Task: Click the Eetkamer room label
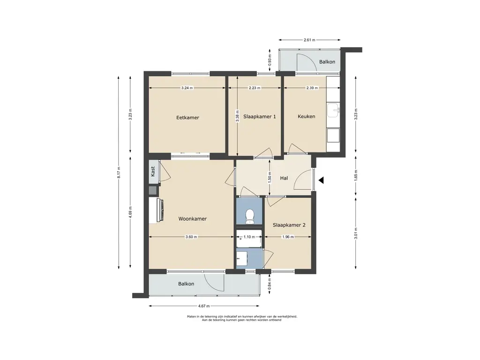187,118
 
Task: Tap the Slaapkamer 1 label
260,117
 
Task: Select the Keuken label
307,116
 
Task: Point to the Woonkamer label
193,219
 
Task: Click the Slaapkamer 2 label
289,225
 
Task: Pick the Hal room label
284,178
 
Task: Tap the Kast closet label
153,172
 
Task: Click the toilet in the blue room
250,216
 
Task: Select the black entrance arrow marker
321,180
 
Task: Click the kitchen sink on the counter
333,110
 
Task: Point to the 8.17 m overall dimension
119,172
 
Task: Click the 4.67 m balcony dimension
204,306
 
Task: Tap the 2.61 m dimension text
309,40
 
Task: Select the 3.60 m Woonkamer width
191,237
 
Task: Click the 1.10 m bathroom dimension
249,237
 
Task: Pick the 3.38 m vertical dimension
237,116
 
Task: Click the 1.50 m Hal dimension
270,178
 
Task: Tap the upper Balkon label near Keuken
327,62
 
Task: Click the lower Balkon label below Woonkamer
186,284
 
